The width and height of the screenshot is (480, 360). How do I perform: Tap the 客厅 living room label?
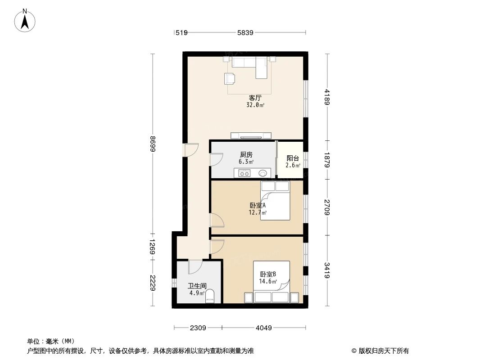point(255,97)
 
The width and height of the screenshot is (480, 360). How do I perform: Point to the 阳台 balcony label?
point(293,158)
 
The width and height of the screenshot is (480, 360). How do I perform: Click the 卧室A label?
point(258,205)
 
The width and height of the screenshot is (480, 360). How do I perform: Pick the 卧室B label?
point(267,274)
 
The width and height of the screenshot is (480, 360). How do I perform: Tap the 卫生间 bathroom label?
point(197,286)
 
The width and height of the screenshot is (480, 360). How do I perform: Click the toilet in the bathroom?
point(211,296)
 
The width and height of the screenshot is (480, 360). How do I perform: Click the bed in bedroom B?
point(272,282)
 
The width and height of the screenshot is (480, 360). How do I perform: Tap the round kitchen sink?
point(263,172)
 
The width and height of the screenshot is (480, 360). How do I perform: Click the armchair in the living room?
point(230,79)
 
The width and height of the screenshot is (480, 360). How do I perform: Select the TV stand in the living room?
point(251,135)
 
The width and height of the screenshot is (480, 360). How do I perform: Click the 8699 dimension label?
point(153,144)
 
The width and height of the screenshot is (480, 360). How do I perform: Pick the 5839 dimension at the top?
point(246,32)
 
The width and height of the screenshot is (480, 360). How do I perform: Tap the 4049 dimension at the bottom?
point(263,328)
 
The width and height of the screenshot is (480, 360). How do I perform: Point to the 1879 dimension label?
point(327,159)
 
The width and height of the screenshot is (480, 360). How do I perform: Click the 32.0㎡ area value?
point(255,105)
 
